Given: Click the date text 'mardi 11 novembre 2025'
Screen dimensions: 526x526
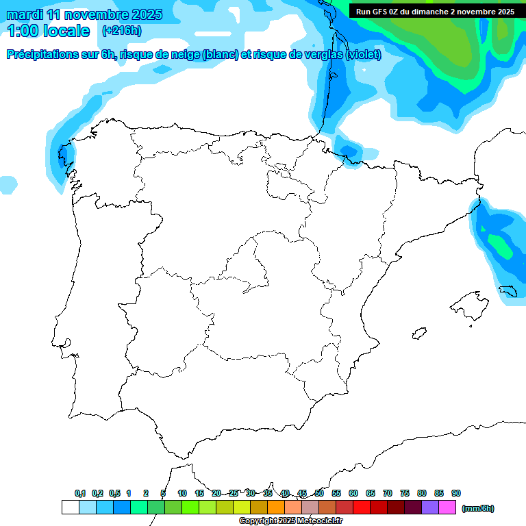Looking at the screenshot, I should click(x=84, y=14).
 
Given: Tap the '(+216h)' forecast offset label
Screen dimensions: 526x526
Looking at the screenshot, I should click(x=121, y=31).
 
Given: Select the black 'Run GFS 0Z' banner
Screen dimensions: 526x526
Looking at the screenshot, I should click(x=436, y=12).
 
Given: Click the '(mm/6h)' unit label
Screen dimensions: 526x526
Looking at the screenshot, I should click(x=478, y=508).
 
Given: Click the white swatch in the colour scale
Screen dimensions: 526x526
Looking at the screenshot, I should click(x=70, y=507).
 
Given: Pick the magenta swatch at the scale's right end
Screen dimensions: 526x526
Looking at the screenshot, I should click(x=447, y=507).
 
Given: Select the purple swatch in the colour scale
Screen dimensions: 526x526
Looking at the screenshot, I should click(x=430, y=507).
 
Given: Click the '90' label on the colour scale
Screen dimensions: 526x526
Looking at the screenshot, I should click(x=456, y=493).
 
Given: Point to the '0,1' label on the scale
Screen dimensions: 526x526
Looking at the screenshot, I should click(x=80, y=493).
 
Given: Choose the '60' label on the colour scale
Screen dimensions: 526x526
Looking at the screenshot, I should click(x=353, y=493).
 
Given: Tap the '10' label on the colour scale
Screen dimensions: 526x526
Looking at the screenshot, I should click(x=182, y=493).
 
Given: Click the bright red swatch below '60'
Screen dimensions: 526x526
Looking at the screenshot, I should click(x=362, y=507).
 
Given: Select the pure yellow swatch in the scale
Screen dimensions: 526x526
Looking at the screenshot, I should click(x=242, y=507).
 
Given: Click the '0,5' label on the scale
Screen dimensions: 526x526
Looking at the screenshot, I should click(x=114, y=493).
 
